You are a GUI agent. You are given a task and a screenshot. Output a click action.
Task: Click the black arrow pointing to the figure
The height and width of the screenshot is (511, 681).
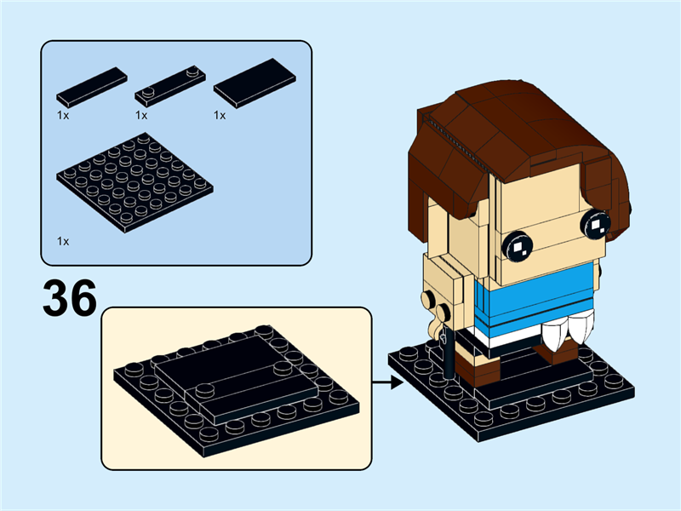click(388, 382)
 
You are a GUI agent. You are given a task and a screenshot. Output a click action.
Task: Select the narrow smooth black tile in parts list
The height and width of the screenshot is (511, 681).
click(92, 87)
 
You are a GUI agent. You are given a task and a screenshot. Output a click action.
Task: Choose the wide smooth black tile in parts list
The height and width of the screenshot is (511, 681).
click(255, 83)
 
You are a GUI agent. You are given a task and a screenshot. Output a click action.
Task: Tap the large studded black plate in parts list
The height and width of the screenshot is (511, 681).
click(134, 182)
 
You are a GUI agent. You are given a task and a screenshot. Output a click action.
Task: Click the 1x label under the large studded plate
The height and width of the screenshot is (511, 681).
click(63, 241)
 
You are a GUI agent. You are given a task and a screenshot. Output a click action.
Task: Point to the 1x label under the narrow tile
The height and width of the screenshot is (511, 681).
click(63, 115)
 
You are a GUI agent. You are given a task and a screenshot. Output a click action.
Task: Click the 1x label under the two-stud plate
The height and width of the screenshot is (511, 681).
click(141, 115)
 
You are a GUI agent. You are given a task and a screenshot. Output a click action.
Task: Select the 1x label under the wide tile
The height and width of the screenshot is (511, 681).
click(220, 115)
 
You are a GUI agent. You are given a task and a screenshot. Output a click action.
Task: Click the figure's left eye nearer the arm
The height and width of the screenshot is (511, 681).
click(517, 246)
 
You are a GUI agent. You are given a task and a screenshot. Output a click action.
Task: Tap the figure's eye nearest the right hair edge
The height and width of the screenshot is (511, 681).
click(595, 224)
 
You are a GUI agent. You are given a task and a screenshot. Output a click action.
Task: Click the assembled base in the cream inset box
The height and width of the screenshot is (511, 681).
click(237, 389)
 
